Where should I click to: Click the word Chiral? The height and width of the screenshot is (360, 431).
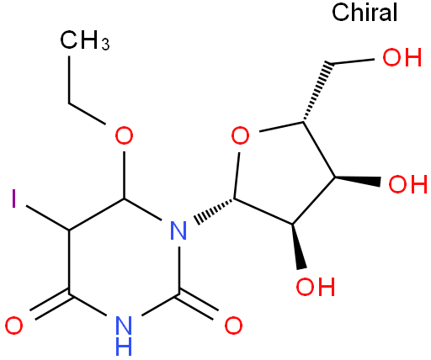[x=364, y=13]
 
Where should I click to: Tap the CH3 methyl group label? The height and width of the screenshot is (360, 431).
[x=85, y=40]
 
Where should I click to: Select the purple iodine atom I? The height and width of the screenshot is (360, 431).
[x=13, y=199]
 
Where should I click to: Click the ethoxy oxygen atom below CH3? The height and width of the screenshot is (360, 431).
[x=124, y=135]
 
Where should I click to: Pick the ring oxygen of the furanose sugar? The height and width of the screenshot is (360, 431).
[x=240, y=135]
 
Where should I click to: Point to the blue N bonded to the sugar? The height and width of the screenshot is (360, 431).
[x=178, y=230]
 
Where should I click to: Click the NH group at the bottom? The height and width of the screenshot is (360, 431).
[x=124, y=336]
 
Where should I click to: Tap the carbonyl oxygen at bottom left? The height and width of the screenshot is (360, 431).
[x=13, y=326]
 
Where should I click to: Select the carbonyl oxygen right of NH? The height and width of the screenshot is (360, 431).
[x=233, y=326]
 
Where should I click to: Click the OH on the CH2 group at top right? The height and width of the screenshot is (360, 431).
[x=402, y=57]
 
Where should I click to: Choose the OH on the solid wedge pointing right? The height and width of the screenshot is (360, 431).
[x=407, y=184]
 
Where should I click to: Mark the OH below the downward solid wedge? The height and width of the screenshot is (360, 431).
[x=316, y=287]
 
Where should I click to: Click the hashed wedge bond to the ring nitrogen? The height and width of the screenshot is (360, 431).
[x=215, y=211]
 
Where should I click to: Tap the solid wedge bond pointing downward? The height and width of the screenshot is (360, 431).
[x=298, y=246]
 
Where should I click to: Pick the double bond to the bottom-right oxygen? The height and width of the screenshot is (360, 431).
[x=198, y=304]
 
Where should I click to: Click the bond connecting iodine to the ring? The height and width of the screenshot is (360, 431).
[x=47, y=218]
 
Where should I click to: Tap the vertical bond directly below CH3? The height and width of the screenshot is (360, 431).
[x=69, y=80]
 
